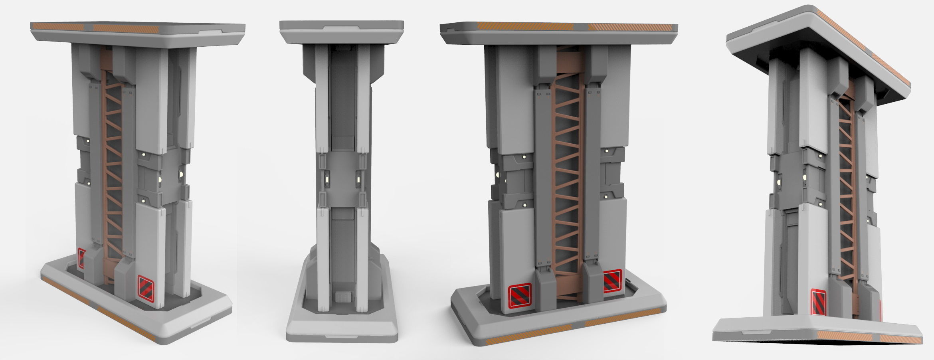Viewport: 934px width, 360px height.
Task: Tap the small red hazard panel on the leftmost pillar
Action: (82, 258)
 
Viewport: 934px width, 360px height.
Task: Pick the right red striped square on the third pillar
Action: (612, 281)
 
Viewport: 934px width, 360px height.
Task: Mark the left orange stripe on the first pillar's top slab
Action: (58, 27)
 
